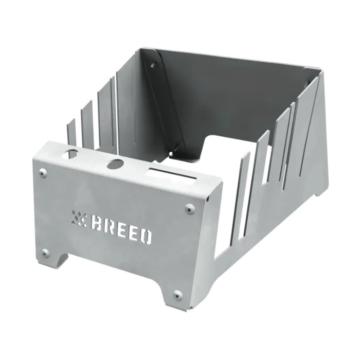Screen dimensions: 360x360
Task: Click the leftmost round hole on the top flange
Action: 73,153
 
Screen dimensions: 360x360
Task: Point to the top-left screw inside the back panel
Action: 152,65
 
